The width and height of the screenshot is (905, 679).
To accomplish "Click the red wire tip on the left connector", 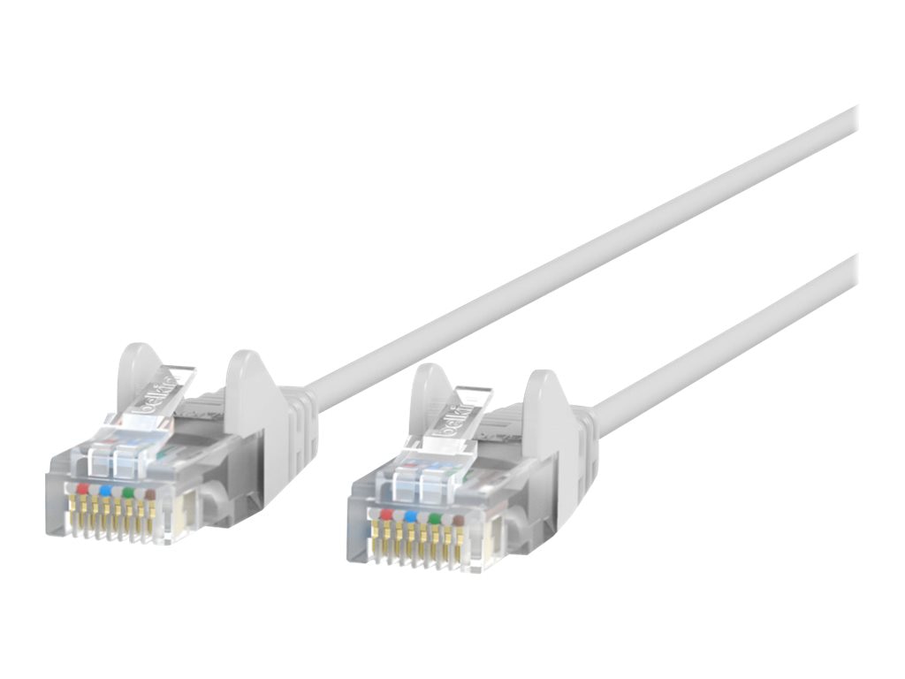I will click(x=83, y=488).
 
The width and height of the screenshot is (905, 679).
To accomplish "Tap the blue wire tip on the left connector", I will click(x=106, y=490).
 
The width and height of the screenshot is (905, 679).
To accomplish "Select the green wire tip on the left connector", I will click(x=128, y=492).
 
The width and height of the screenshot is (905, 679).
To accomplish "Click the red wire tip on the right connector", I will click(x=386, y=512).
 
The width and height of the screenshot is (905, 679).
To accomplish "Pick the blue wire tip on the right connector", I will click(x=409, y=515).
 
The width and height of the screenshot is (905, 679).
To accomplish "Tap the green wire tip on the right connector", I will click(x=433, y=517).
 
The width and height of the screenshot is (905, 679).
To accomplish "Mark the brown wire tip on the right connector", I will click(x=456, y=520).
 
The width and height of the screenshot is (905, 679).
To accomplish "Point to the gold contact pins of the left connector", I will click(x=115, y=522).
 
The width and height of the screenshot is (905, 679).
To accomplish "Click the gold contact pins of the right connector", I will click(x=419, y=546).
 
